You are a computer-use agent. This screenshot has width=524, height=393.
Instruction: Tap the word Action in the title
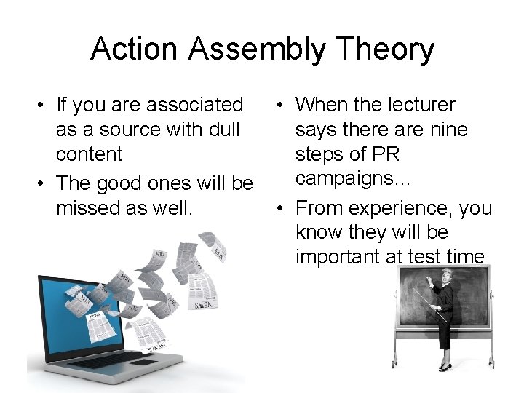click(135, 49)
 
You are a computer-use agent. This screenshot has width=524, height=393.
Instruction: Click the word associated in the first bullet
click(194, 106)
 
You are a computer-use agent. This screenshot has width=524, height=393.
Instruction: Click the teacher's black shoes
click(444, 368)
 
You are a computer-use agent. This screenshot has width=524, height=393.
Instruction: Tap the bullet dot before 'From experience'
click(281, 209)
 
